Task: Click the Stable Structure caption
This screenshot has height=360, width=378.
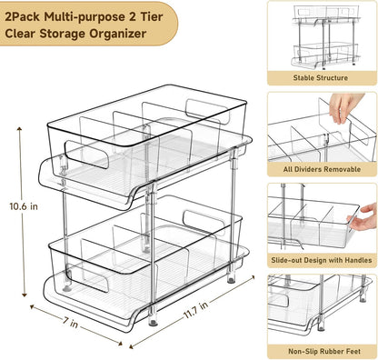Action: coord(320,78)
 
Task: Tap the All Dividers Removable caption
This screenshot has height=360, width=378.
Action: coord(320,169)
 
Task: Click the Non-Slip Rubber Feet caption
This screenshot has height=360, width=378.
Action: coord(320,349)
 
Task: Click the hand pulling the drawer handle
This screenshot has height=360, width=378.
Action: coord(364,215)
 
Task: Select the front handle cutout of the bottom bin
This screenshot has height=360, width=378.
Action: coord(91,279)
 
